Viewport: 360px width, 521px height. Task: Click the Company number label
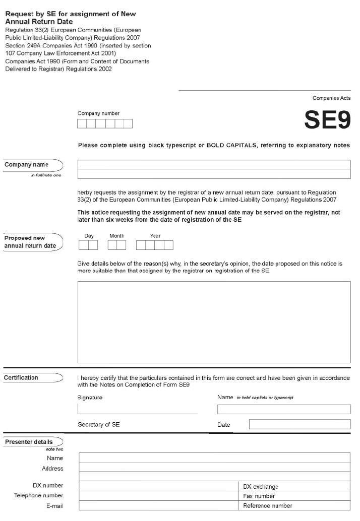click(x=99, y=113)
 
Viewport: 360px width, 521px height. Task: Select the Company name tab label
click(x=27, y=165)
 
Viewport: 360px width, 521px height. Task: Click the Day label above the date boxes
click(x=89, y=236)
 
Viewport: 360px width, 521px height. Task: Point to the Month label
click(x=117, y=236)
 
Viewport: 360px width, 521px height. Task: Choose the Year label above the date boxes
click(x=155, y=236)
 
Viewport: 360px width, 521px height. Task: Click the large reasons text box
click(x=214, y=322)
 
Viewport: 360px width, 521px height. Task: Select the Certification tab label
click(x=22, y=377)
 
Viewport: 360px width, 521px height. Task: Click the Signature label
click(x=90, y=398)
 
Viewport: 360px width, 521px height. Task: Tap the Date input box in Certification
click(x=299, y=424)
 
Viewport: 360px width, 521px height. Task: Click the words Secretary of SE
click(x=99, y=425)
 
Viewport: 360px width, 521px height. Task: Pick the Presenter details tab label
click(x=29, y=442)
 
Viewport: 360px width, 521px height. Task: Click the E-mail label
click(x=55, y=506)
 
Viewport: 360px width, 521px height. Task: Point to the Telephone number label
click(x=39, y=496)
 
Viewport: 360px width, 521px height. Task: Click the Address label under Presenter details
click(x=53, y=469)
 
